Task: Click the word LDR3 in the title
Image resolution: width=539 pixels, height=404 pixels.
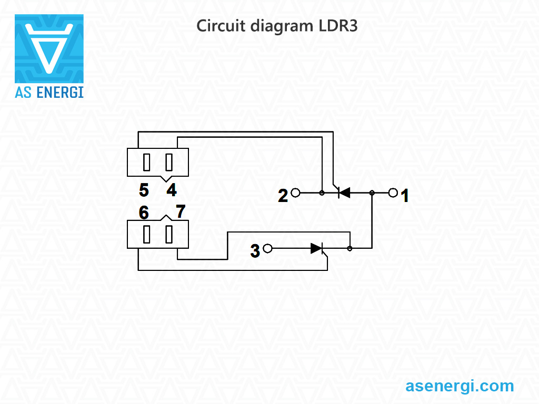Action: (x=338, y=26)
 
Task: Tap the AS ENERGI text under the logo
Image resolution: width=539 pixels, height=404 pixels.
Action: (x=49, y=93)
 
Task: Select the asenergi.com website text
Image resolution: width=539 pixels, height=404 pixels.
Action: (x=460, y=386)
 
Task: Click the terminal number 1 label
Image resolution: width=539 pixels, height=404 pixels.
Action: (x=405, y=196)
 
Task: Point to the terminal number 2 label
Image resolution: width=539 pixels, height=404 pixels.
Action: (x=283, y=196)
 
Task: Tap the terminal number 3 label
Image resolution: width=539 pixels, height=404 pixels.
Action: (x=255, y=251)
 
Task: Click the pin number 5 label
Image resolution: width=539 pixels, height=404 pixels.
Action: (x=144, y=189)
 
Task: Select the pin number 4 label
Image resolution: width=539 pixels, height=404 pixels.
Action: (x=172, y=189)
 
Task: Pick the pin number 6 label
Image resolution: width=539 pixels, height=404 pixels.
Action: (x=144, y=213)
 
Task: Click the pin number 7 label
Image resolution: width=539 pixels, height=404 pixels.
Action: (x=181, y=211)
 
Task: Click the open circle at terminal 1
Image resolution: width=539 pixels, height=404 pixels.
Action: (x=393, y=193)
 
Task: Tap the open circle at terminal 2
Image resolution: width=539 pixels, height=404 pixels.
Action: (x=295, y=193)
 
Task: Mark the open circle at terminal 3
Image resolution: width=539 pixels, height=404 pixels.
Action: (x=267, y=248)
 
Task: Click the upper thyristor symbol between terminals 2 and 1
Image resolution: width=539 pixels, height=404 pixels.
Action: (x=343, y=193)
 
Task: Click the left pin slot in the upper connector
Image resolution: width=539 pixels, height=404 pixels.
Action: (x=147, y=163)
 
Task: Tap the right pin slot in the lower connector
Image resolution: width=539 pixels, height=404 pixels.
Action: (x=169, y=235)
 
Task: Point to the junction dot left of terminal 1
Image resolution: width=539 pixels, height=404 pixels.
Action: (x=372, y=193)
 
